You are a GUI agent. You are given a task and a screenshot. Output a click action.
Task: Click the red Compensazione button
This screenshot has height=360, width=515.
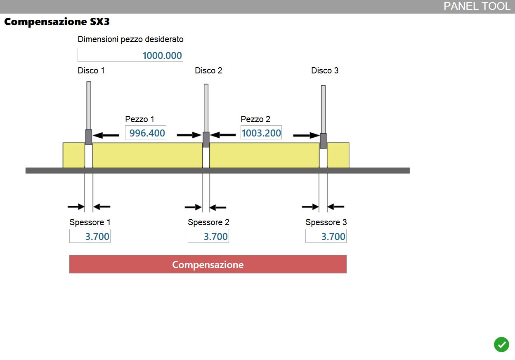pos(208,264)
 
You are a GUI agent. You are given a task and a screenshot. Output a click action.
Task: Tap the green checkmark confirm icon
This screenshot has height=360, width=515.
pos(501,344)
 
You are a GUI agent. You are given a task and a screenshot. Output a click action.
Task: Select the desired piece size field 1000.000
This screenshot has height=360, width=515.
pos(130,55)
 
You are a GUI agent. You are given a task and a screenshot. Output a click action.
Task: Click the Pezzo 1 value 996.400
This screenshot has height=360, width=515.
pos(146,132)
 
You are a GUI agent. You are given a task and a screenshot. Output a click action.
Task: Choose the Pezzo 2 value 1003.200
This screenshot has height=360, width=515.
pos(261,132)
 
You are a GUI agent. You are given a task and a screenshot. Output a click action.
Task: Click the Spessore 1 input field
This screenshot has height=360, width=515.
pos(90,236)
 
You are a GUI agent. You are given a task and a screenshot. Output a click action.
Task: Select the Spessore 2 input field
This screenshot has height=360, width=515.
pos(208,236)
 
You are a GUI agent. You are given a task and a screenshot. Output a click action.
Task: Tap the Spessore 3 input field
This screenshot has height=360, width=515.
pos(326,236)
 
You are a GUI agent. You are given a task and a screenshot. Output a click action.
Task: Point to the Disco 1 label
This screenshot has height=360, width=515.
pos(91,71)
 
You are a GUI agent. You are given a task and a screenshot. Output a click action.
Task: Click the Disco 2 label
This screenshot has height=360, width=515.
pos(208,71)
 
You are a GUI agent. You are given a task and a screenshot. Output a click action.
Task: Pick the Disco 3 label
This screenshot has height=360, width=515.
pos(325,71)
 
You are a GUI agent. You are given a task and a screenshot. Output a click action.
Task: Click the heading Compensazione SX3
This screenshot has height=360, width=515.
pos(57,22)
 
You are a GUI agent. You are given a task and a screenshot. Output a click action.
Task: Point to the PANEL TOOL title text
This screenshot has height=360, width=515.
pos(477,6)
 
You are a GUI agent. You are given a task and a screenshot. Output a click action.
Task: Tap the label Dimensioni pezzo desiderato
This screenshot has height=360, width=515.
pos(130,39)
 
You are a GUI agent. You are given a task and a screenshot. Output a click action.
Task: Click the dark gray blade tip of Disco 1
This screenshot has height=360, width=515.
pos(89,137)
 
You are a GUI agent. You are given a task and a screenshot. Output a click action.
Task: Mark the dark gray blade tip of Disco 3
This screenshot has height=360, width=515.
pos(323,141)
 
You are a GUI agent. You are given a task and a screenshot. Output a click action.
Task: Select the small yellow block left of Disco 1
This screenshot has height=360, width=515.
pos(74,155)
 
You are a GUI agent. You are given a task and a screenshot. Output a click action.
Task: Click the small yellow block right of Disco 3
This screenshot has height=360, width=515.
pos(338,155)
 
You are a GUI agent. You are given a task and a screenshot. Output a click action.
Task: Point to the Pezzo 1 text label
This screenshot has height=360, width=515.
pos(139,119)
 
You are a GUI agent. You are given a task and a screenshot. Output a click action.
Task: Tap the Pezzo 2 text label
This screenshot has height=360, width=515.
pos(255,119)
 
